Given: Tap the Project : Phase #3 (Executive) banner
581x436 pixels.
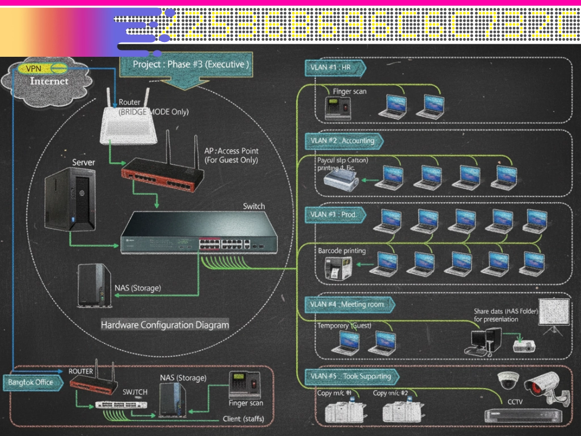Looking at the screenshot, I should [x=190, y=64].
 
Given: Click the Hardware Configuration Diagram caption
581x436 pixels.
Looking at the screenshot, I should [x=165, y=325].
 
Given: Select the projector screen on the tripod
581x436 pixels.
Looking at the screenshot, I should [x=553, y=313].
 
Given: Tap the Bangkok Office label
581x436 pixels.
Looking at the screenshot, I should [x=31, y=382].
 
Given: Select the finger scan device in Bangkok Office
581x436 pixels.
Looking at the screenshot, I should [x=245, y=385].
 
